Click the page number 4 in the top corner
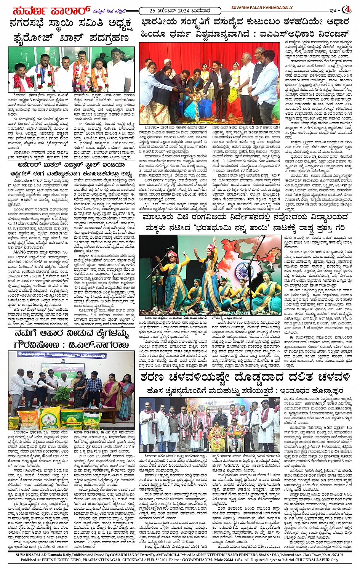tap(347, 9)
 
